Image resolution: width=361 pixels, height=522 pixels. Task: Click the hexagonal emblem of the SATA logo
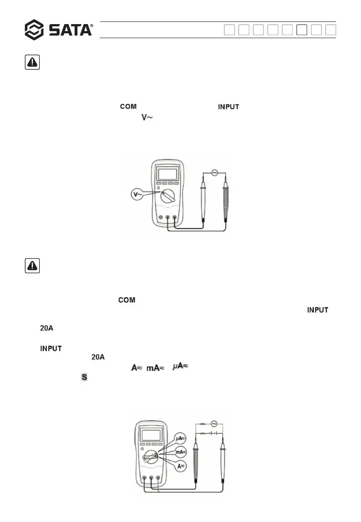pyautogui.click(x=34, y=30)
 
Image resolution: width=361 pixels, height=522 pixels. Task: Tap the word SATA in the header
pyautogui.click(x=70, y=30)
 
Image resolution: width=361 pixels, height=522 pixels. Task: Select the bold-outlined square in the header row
pyautogui.click(x=301, y=30)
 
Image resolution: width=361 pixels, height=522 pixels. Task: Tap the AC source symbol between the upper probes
pyautogui.click(x=215, y=173)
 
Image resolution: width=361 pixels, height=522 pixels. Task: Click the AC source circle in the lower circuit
pyautogui.click(x=214, y=424)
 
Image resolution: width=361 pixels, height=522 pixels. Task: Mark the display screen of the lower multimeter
pyautogui.click(x=150, y=435)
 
